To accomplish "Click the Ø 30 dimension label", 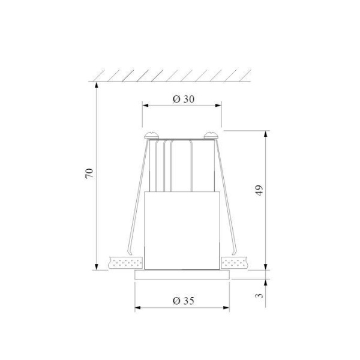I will [x=183, y=100].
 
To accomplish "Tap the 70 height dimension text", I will [x=89, y=173].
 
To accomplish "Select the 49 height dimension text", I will [x=259, y=190].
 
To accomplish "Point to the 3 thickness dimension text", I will [x=259, y=295].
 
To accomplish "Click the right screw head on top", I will [x=211, y=135].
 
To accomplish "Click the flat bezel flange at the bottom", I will [x=182, y=275].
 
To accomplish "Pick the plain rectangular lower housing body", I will [x=182, y=231].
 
